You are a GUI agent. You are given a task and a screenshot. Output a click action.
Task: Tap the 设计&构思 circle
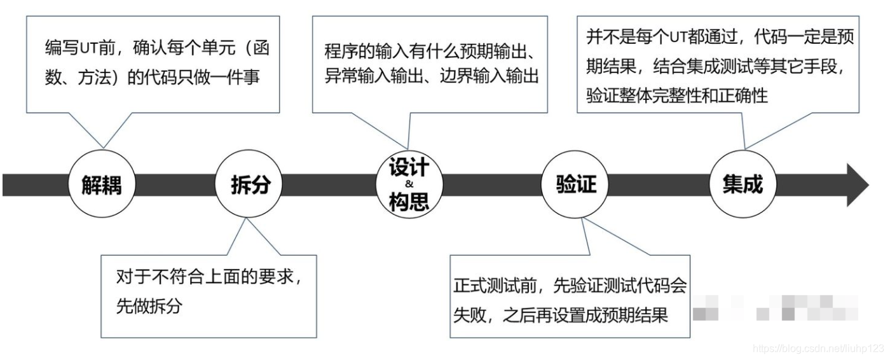pyautogui.click(x=409, y=185)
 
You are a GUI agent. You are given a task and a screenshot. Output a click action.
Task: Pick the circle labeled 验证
pyautogui.click(x=573, y=185)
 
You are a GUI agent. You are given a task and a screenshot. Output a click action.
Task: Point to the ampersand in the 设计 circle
pyautogui.click(x=409, y=185)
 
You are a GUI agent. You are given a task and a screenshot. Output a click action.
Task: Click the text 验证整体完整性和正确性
pyautogui.click(x=677, y=95)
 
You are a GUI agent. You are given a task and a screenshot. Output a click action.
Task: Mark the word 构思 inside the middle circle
pyautogui.click(x=409, y=202)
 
